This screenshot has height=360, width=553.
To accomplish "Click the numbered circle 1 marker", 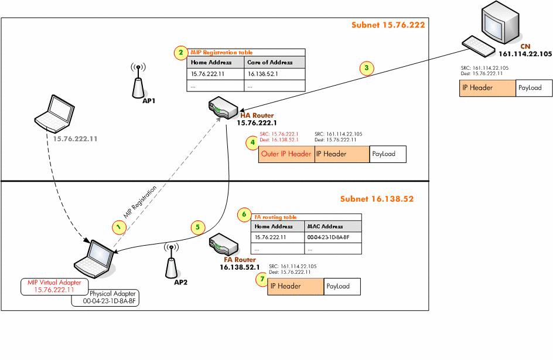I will pyautogui.click(x=120, y=226).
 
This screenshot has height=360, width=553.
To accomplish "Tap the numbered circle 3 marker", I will pyautogui.click(x=366, y=68).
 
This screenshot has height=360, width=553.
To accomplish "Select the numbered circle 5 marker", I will pyautogui.click(x=198, y=227).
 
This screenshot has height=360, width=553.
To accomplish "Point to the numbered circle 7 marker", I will pyautogui.click(x=261, y=280).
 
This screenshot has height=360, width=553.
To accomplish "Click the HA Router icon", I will pyautogui.click(x=222, y=108).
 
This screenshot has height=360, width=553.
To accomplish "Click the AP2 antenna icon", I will pyautogui.click(x=170, y=260).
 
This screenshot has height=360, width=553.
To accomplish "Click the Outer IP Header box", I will pyautogui.click(x=286, y=154).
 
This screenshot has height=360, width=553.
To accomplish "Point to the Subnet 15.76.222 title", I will pyautogui.click(x=388, y=25).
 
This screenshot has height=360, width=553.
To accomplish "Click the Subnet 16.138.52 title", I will pyautogui.click(x=377, y=199).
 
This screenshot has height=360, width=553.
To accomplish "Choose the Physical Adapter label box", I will pyautogui.click(x=109, y=298).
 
